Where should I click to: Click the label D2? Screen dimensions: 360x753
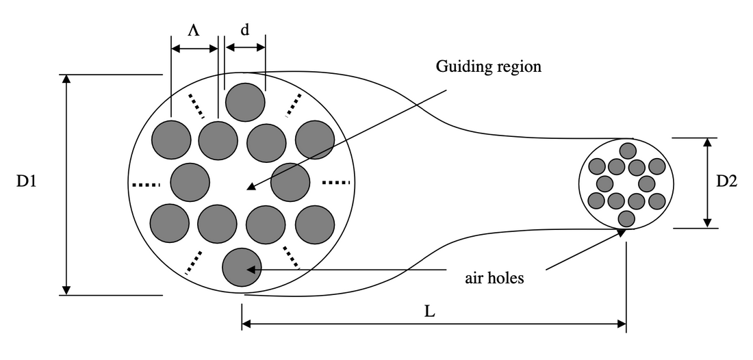(x=727, y=181)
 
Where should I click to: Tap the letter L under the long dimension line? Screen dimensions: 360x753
(x=429, y=311)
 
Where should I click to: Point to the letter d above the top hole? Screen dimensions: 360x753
(x=244, y=31)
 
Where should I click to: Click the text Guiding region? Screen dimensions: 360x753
(x=488, y=67)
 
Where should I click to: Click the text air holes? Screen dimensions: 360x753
(x=494, y=278)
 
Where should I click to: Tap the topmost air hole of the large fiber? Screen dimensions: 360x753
(x=245, y=103)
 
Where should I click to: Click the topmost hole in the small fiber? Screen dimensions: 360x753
(x=627, y=150)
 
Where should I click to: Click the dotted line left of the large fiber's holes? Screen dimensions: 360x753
(x=145, y=184)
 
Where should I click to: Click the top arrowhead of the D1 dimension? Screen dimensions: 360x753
(x=66, y=79)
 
